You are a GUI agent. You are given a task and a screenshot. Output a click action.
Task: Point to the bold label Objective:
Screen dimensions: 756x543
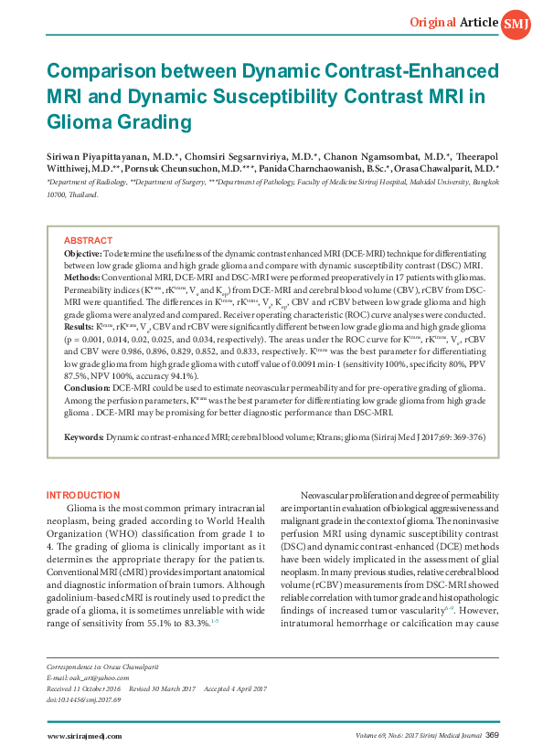(x=82, y=252)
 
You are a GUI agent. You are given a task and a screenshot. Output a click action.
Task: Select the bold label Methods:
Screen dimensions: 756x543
(x=81, y=276)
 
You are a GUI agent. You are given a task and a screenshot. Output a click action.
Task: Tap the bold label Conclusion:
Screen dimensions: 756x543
(x=86, y=388)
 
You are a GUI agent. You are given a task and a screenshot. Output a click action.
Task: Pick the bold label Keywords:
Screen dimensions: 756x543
(x=84, y=437)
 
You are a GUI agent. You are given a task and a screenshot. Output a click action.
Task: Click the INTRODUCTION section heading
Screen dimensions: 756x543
(x=83, y=495)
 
